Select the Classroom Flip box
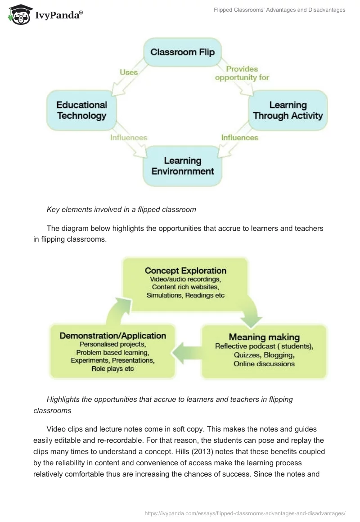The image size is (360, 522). point(182,53)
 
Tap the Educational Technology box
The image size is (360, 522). point(81,110)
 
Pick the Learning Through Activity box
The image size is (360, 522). point(288,110)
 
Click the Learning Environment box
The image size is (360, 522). point(182,166)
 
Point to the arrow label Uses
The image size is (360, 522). point(129,72)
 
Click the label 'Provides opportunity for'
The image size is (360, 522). point(242,73)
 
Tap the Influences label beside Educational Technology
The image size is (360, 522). point(129,137)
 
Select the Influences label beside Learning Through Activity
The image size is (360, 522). point(239,137)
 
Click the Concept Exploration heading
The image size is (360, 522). point(185,270)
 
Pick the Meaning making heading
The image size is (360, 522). point(264,337)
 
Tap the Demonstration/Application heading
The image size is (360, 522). point(112,336)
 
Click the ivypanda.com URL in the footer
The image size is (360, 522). point(244,513)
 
